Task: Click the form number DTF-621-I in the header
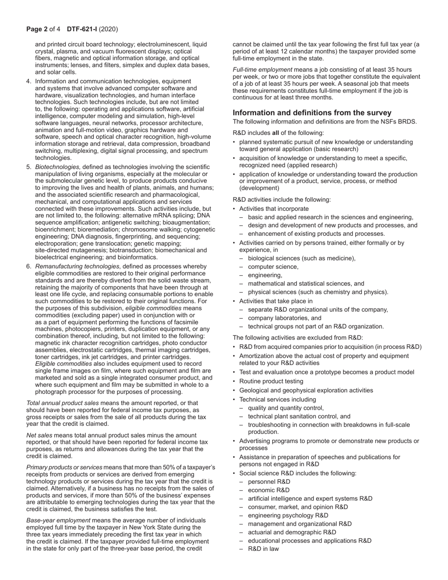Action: (x=82, y=29)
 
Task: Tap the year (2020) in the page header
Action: (x=109, y=29)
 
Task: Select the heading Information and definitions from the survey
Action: (x=312, y=113)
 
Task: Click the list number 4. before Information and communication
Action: (x=29, y=82)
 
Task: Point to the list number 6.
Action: (x=29, y=267)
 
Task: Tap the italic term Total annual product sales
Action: (x=63, y=403)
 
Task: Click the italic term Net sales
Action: (x=39, y=435)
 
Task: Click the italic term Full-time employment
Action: (x=262, y=70)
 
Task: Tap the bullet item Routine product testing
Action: (x=271, y=381)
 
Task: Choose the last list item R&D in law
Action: (x=263, y=549)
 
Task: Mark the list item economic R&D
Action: (x=269, y=490)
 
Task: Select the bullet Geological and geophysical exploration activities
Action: (x=306, y=390)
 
